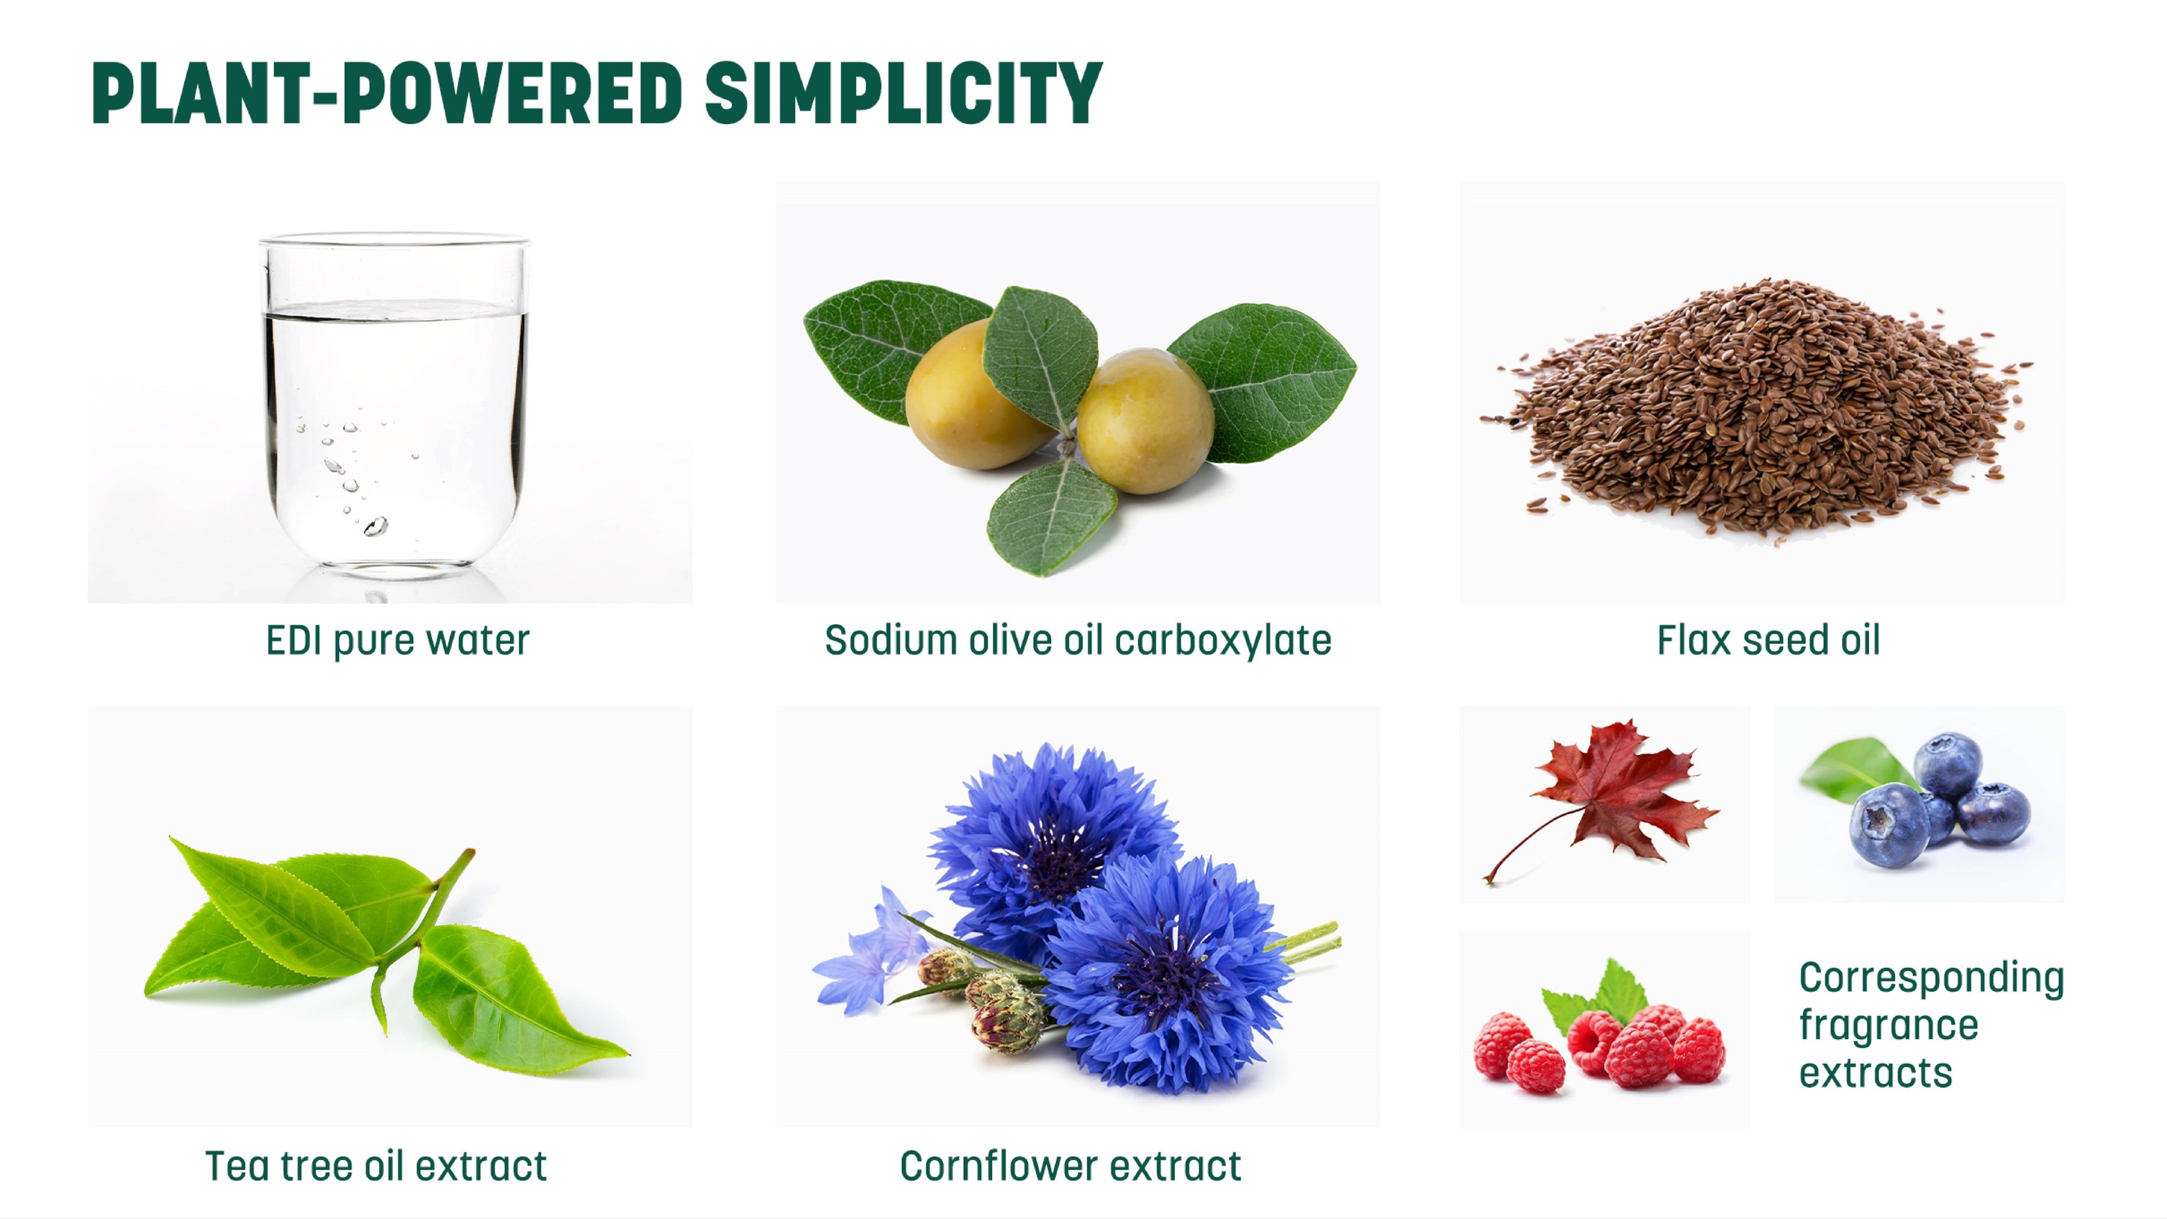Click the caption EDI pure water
point(398,641)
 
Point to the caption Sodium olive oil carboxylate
point(1078,641)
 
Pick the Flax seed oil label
point(1768,641)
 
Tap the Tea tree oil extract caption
point(376,1166)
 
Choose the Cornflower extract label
point(1070,1166)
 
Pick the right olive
point(1146,420)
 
